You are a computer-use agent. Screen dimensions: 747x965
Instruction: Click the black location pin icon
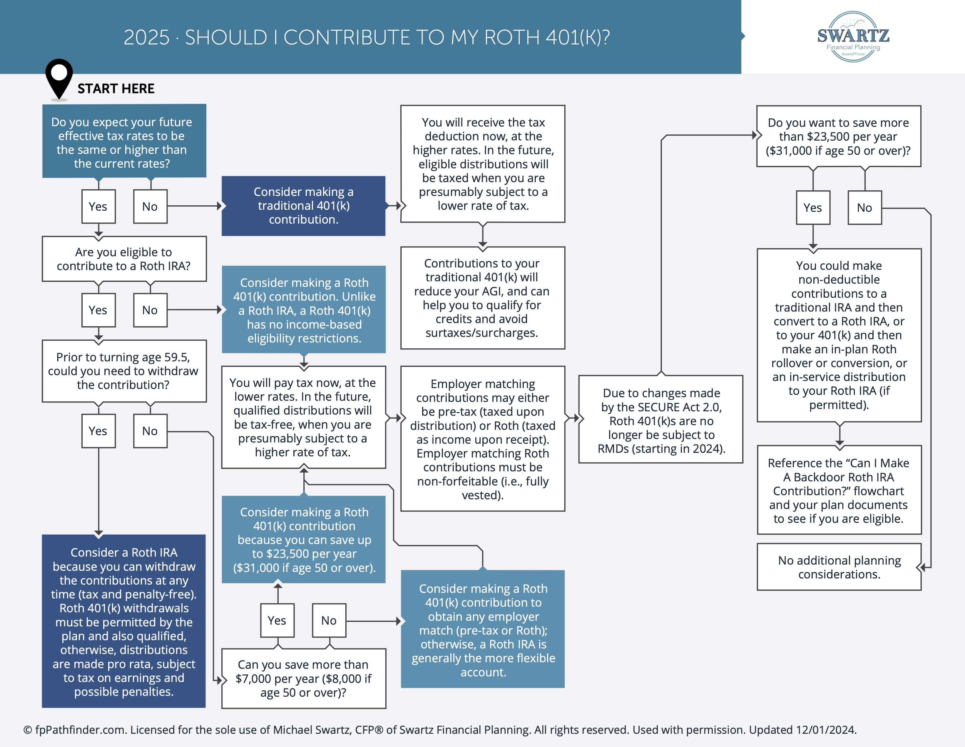[59, 77]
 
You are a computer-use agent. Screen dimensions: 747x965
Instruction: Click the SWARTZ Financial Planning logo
[853, 37]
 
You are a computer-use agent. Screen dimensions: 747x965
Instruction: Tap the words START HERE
[116, 89]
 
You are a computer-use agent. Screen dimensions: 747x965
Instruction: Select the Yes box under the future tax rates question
[98, 207]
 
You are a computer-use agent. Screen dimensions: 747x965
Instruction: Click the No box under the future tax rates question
[150, 207]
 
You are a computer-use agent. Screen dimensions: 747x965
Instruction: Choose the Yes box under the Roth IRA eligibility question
[98, 310]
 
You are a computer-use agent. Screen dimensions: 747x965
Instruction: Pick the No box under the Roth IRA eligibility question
[150, 310]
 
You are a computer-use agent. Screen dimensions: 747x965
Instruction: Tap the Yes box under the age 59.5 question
[98, 431]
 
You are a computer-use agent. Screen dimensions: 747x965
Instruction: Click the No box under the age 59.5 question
[150, 431]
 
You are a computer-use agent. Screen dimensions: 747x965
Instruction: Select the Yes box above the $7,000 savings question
[277, 620]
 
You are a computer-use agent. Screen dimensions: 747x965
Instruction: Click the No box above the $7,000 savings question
[329, 620]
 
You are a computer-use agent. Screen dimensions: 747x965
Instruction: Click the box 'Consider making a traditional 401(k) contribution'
[304, 206]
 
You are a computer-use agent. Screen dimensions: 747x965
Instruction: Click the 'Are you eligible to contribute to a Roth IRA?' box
[124, 259]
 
